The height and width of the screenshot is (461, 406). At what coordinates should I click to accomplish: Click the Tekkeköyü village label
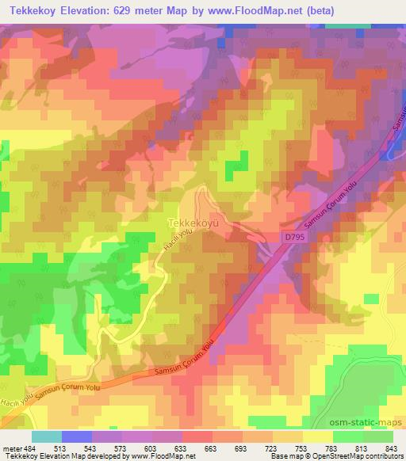click(x=193, y=223)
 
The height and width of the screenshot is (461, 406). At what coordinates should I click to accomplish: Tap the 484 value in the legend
click(x=30, y=448)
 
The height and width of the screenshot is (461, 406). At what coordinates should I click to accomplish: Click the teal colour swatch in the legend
click(x=46, y=436)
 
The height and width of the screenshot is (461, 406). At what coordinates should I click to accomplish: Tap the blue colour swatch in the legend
click(x=76, y=436)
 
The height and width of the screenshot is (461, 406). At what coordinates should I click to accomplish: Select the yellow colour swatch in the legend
click(x=317, y=436)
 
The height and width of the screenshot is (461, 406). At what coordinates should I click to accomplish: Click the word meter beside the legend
click(x=11, y=448)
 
